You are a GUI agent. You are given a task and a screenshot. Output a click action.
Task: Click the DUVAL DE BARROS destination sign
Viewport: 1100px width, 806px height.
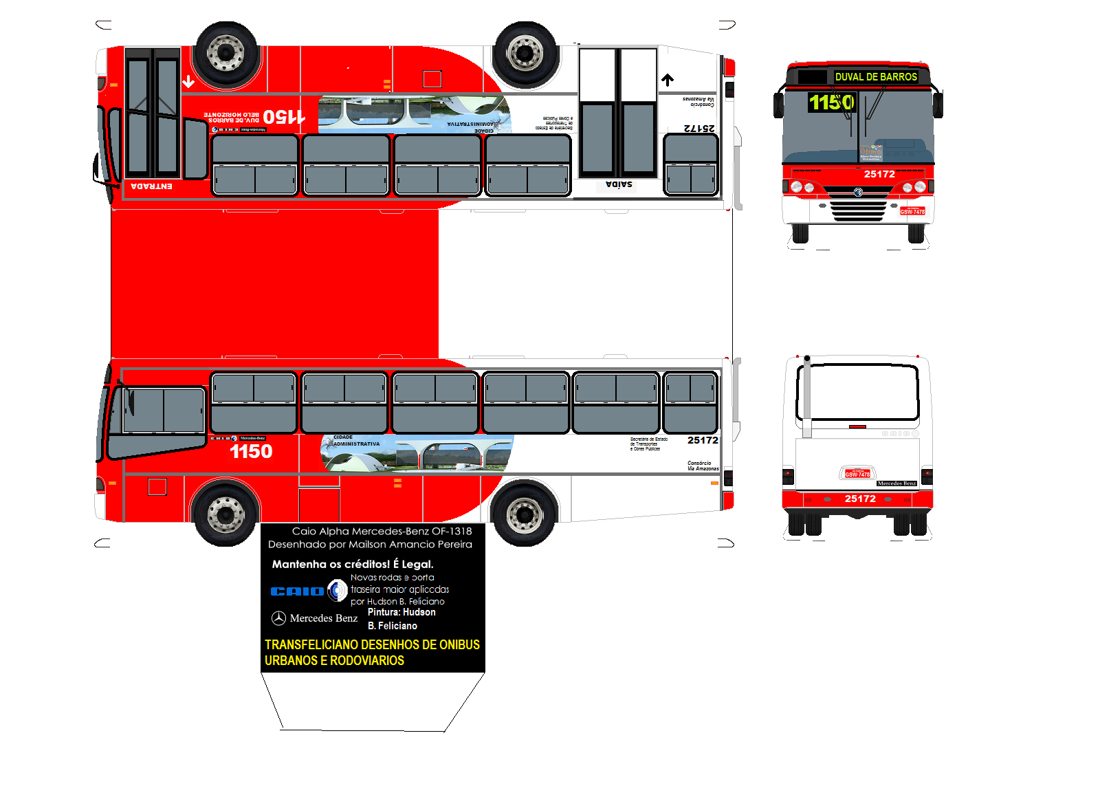pos(875,77)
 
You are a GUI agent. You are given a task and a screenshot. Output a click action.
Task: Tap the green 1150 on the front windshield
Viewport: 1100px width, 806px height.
pos(830,102)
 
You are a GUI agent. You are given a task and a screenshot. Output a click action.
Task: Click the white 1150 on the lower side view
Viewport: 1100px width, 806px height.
pos(251,451)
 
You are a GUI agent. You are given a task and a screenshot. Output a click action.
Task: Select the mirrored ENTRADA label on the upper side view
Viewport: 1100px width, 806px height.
pos(151,186)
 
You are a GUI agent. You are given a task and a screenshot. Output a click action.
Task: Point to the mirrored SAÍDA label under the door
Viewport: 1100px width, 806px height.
pos(619,184)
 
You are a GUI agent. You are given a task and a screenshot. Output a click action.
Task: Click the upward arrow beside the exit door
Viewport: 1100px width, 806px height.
pos(668,80)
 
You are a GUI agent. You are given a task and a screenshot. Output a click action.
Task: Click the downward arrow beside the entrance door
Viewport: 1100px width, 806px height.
pos(188,82)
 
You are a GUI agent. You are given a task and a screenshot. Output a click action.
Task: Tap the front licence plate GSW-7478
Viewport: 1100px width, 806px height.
pos(912,211)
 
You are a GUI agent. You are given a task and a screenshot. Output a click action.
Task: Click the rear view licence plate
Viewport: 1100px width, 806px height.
pos(857,474)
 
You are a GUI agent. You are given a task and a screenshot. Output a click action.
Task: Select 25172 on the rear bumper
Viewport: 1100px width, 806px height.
pos(860,499)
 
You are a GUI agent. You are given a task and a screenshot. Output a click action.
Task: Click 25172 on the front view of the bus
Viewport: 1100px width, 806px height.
pos(879,174)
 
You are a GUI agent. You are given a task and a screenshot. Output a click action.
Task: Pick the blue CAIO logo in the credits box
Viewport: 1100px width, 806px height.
pos(297,591)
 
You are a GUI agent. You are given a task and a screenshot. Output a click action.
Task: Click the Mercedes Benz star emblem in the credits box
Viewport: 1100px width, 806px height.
pos(278,618)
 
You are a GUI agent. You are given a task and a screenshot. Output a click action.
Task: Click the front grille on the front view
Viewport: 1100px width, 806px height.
pos(858,210)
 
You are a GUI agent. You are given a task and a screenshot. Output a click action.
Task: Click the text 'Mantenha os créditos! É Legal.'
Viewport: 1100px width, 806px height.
pos(353,564)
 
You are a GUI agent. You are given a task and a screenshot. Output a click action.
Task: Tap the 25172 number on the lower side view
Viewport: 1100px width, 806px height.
pos(703,440)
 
